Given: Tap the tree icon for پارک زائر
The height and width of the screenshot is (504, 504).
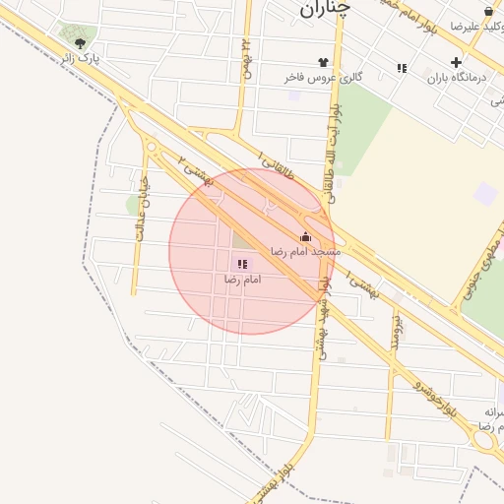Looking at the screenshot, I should [79, 44].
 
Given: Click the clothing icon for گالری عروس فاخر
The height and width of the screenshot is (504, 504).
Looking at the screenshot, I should [323, 61].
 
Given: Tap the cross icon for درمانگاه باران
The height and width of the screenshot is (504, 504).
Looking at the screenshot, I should [455, 61].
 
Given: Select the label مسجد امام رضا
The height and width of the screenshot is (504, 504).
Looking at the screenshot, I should [304, 252].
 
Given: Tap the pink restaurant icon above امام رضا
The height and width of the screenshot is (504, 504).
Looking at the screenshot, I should [242, 264].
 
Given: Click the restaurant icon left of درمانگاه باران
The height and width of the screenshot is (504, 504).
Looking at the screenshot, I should [402, 68].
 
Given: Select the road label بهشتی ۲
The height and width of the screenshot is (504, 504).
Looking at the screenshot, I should [197, 173].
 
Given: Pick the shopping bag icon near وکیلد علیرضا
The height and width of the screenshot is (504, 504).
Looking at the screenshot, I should [460, 10].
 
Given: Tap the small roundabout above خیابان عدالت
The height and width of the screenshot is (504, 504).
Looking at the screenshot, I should [151, 148].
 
